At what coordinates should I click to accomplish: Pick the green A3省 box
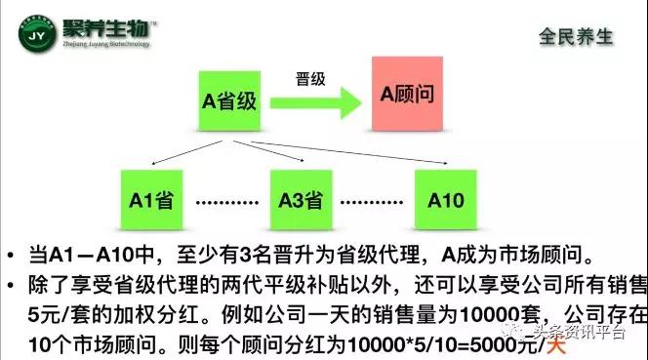click(301, 202)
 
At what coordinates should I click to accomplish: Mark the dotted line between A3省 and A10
click(377, 204)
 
